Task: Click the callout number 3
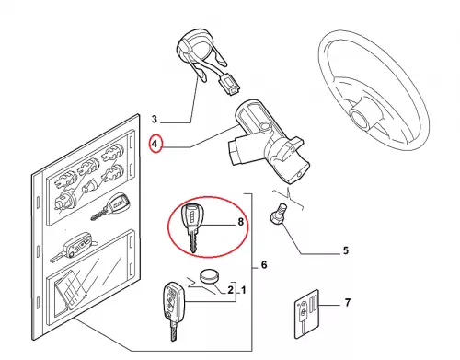click(155, 119)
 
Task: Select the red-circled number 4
click(155, 144)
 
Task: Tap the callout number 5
click(346, 250)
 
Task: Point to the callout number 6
click(264, 265)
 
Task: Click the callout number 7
click(347, 303)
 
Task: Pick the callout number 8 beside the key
click(241, 221)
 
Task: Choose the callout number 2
click(230, 290)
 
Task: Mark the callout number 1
click(244, 290)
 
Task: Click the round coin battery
click(210, 276)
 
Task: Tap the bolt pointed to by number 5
click(278, 214)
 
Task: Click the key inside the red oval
click(190, 227)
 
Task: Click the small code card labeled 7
click(306, 314)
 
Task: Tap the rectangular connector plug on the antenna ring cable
click(229, 85)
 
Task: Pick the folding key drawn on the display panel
click(73, 246)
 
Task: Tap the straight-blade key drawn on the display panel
click(109, 205)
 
